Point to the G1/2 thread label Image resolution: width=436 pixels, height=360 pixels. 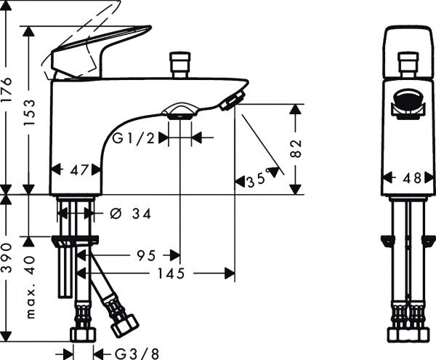click(133, 137)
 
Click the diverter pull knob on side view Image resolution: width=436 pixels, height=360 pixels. click(177, 64)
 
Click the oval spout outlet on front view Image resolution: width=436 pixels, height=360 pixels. click(408, 100)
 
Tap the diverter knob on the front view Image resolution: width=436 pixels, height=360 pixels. click(408, 62)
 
